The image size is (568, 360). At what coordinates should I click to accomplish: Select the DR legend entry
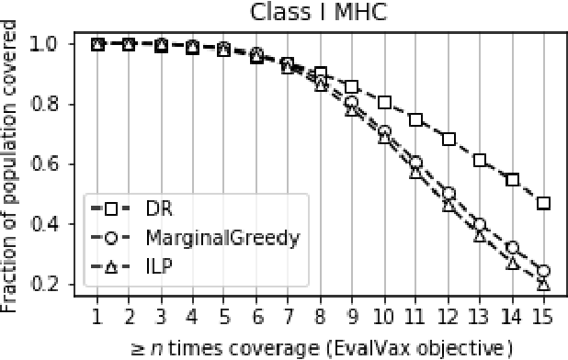pyautogui.click(x=156, y=208)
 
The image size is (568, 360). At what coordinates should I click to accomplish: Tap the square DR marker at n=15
pyautogui.click(x=543, y=203)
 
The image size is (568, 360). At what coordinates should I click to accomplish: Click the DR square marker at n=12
pyautogui.click(x=449, y=139)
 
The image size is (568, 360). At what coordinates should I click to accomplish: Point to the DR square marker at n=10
pyautogui.click(x=384, y=102)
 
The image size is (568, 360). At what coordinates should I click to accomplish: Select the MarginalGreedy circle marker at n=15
pyautogui.click(x=543, y=271)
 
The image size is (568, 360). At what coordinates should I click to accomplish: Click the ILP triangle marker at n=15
pyautogui.click(x=543, y=285)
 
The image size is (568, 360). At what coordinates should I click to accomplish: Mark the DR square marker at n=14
pyautogui.click(x=512, y=179)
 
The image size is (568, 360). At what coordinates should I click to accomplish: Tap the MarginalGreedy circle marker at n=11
pyautogui.click(x=416, y=162)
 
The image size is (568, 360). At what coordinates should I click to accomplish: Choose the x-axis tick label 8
pyautogui.click(x=321, y=317)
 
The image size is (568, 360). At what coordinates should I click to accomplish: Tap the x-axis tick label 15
pyautogui.click(x=543, y=317)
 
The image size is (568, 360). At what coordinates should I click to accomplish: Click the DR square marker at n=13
pyautogui.click(x=480, y=160)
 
